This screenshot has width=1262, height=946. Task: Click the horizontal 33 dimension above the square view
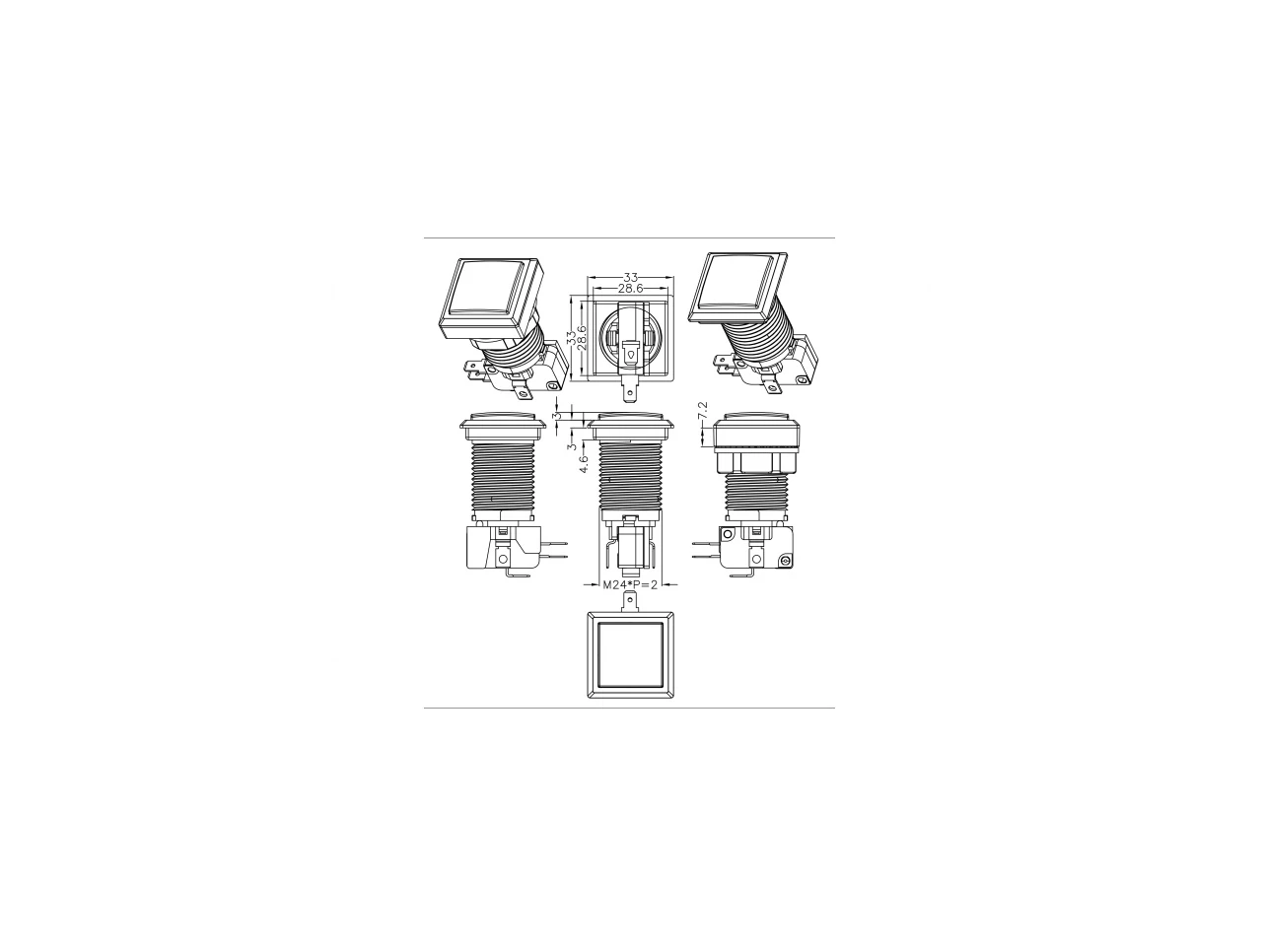[x=630, y=278]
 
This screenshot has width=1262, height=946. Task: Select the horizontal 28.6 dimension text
[x=630, y=289]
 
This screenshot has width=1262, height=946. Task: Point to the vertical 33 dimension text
[x=572, y=337]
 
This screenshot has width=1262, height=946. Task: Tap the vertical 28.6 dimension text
[x=582, y=338]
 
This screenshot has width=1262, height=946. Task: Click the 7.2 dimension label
[x=703, y=410]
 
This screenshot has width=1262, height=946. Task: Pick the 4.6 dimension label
[x=583, y=463]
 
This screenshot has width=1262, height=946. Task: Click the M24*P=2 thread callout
[x=630, y=584]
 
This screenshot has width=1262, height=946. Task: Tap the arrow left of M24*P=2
[x=591, y=584]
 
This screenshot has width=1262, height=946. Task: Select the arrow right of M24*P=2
[x=669, y=584]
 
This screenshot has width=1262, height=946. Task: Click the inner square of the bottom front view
[x=630, y=654]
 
